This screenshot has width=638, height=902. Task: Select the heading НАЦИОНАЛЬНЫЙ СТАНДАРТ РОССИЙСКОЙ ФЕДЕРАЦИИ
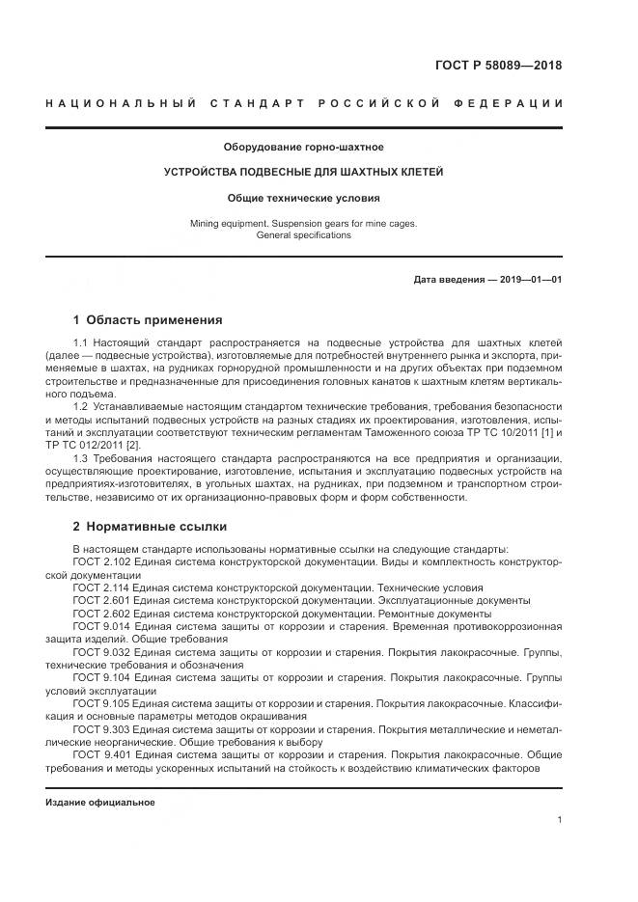(x=304, y=103)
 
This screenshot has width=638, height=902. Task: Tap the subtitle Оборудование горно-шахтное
(x=304, y=148)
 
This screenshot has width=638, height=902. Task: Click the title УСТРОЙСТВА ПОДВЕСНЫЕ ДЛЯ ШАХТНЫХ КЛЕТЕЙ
(x=304, y=173)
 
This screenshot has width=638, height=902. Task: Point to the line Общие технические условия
(x=304, y=199)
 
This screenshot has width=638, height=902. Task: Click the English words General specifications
(x=304, y=235)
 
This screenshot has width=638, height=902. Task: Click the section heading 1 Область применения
(x=148, y=319)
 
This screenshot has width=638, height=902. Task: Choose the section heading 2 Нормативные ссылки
(x=150, y=527)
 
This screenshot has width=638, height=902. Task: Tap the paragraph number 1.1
(x=81, y=343)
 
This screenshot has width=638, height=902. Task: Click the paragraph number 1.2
(x=81, y=407)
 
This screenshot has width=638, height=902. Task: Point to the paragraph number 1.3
(x=81, y=459)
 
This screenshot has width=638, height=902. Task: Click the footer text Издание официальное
(x=99, y=803)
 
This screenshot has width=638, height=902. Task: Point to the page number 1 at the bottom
(x=560, y=820)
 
